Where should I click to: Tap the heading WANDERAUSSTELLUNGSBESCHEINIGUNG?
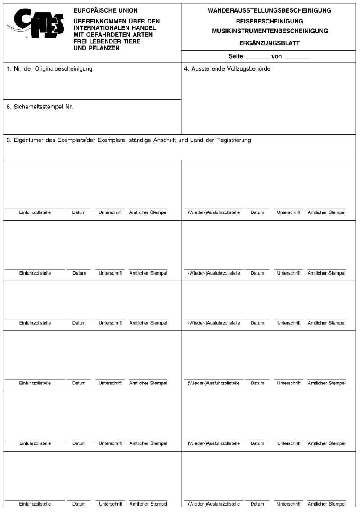tap(270, 9)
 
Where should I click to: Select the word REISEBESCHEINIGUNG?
tap(270, 21)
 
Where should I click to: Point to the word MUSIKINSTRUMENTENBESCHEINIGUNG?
tap(270, 31)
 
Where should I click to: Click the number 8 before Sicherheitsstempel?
tap(9, 108)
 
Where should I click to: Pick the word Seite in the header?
tap(236, 57)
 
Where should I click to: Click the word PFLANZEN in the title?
tap(104, 48)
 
